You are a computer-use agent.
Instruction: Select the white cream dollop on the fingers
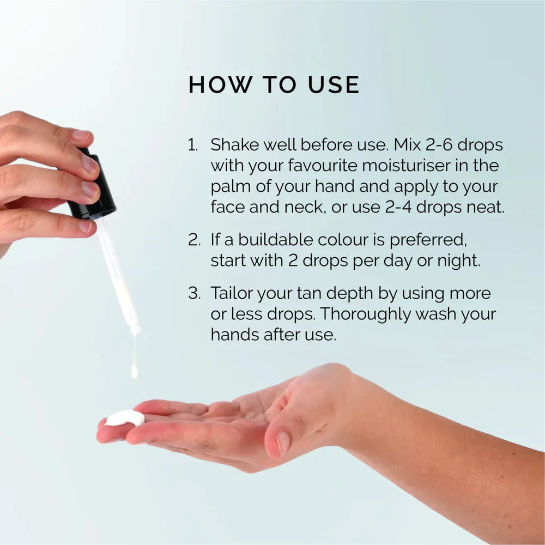coord(125,418)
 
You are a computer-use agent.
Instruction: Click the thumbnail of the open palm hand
coord(283,443)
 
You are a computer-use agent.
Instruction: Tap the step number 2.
coord(193,240)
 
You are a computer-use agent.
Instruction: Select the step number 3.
coord(193,294)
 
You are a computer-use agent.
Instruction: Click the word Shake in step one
coord(231,145)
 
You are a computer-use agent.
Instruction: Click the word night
coord(458,261)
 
